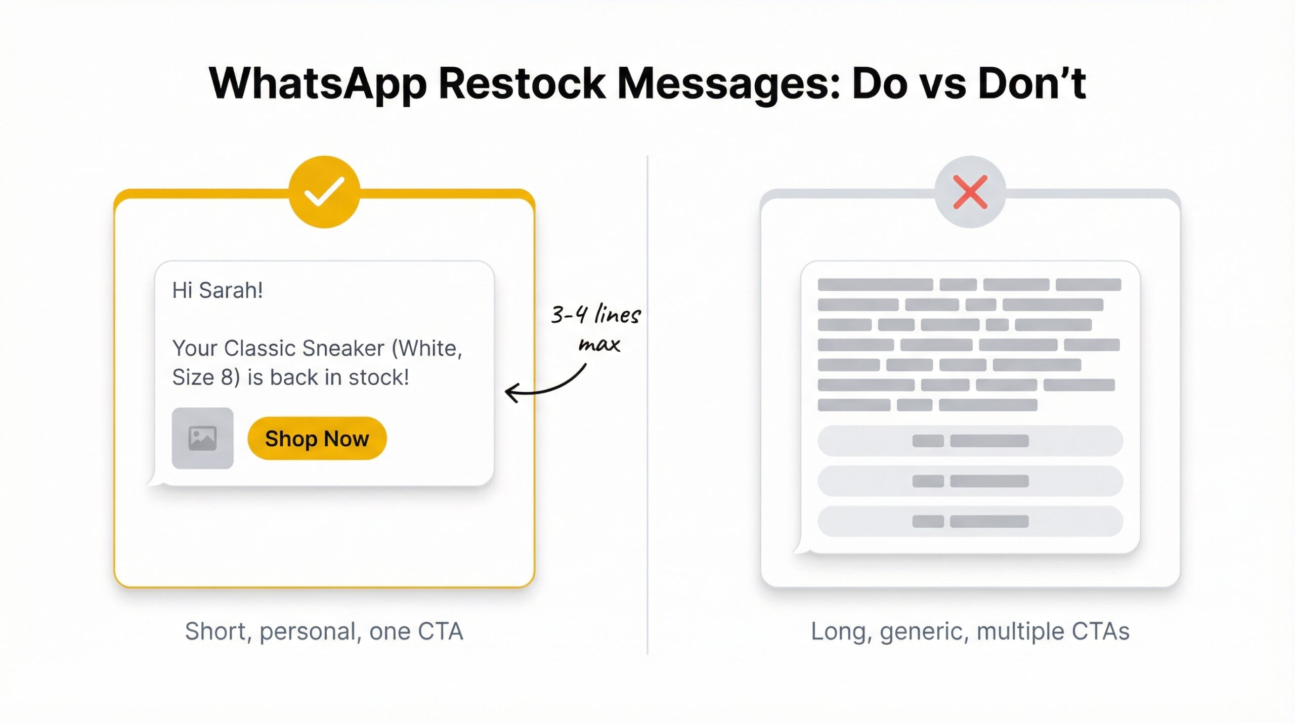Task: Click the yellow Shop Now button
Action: pyautogui.click(x=317, y=439)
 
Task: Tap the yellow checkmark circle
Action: pyautogui.click(x=324, y=192)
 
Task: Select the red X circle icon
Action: pyautogui.click(x=970, y=192)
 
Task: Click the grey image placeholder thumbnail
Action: pyautogui.click(x=202, y=438)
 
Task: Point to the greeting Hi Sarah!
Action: pyautogui.click(x=218, y=290)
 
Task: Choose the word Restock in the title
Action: pyautogui.click(x=522, y=83)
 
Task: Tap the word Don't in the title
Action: pyautogui.click(x=1031, y=83)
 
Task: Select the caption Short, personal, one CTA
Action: pyautogui.click(x=324, y=631)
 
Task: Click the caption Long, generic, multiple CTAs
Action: pyautogui.click(x=970, y=631)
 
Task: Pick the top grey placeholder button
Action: pyautogui.click(x=970, y=441)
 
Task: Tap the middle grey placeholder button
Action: pyautogui.click(x=970, y=481)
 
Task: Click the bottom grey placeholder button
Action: pyautogui.click(x=970, y=521)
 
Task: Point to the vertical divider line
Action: pyautogui.click(x=647, y=405)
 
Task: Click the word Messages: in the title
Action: pyautogui.click(x=728, y=83)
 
